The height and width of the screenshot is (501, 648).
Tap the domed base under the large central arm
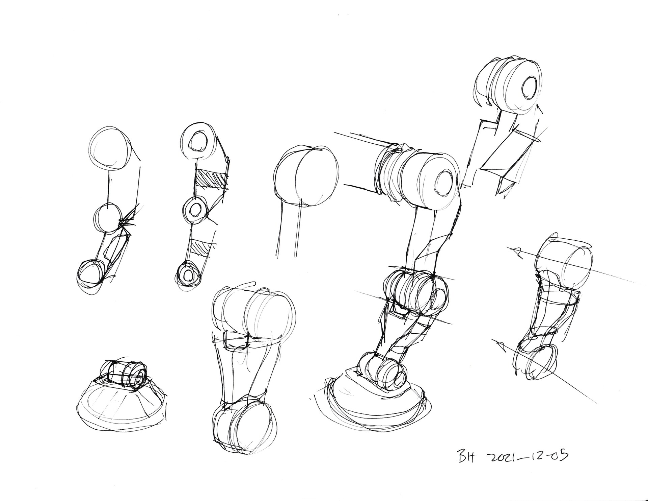point(375,399)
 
